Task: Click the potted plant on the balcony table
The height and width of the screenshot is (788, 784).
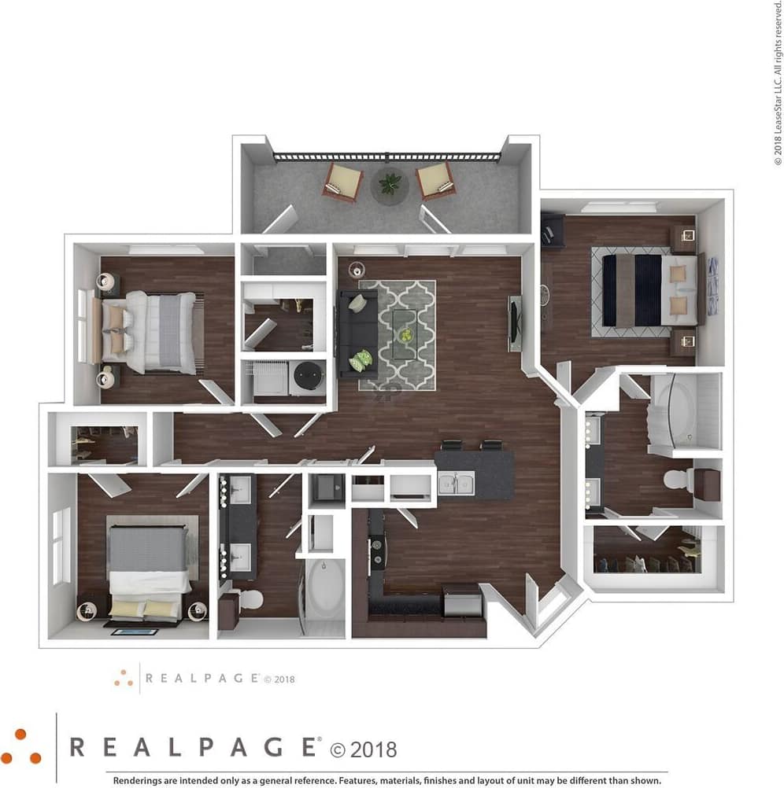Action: [390, 184]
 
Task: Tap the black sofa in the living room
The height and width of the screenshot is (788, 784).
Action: [357, 333]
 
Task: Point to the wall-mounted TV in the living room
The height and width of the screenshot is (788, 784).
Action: [515, 322]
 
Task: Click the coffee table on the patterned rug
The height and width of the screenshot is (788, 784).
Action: [405, 334]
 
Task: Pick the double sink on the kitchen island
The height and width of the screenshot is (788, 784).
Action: [457, 482]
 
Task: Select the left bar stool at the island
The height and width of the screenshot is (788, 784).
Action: [452, 446]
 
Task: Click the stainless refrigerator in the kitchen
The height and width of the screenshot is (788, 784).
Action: [462, 602]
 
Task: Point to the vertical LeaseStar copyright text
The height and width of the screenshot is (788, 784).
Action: [777, 83]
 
